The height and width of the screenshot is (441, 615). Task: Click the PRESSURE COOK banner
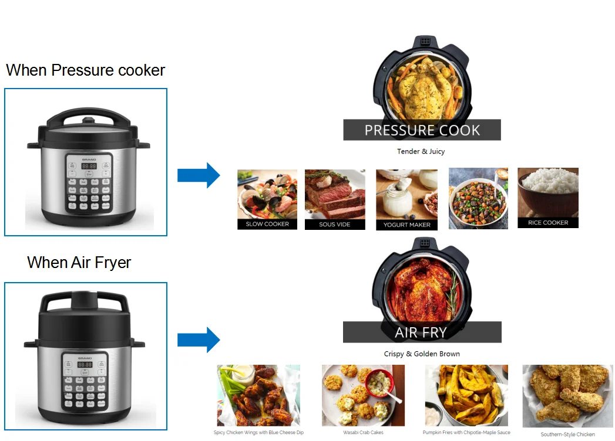(x=422, y=130)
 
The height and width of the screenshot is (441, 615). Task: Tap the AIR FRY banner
(x=422, y=332)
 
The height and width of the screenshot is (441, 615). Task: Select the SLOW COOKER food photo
(x=267, y=199)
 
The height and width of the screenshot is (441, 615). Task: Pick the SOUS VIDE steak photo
(x=335, y=199)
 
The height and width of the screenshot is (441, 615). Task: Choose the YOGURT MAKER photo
(x=406, y=199)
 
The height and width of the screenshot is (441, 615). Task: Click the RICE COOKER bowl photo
(x=547, y=197)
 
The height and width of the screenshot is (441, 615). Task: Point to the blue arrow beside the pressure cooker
(x=199, y=175)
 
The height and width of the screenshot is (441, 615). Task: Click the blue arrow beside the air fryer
(x=199, y=340)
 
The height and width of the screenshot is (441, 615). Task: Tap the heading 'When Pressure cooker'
(x=86, y=70)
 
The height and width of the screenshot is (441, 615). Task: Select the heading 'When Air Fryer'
(x=79, y=262)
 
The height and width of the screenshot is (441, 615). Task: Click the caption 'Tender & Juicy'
(x=421, y=151)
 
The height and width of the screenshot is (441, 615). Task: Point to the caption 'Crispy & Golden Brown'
(x=422, y=354)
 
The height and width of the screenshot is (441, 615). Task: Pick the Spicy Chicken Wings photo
(x=258, y=395)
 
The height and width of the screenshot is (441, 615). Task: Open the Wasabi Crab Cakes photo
(x=363, y=395)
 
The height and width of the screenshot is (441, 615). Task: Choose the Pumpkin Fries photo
(x=466, y=395)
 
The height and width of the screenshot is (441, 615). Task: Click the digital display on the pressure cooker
(x=88, y=167)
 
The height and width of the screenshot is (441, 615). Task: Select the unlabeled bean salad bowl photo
(x=478, y=198)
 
